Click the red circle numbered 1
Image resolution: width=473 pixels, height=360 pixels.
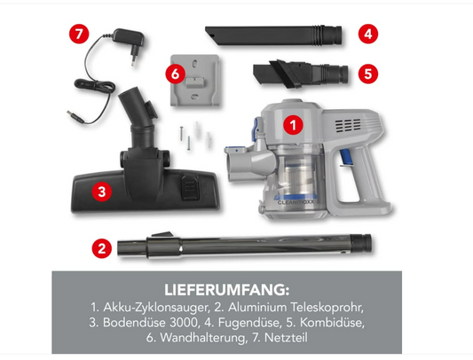293,125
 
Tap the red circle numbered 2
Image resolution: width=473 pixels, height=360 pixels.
102,248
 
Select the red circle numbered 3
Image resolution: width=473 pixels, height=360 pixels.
102,192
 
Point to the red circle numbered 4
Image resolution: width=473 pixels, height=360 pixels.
368,34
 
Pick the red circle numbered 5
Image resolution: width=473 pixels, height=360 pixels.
368,74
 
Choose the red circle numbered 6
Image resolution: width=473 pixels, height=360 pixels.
175,74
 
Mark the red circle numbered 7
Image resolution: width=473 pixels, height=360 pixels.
79,34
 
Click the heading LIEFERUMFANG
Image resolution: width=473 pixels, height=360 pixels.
227,290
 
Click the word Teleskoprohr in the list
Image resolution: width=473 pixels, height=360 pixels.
327,307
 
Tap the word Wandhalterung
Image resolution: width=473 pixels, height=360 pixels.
202,338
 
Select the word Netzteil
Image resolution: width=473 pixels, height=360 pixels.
286,338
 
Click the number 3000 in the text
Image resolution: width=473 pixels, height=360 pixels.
184,323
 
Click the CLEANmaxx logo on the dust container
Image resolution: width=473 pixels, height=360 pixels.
296,202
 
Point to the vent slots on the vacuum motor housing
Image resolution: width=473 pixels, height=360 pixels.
348,125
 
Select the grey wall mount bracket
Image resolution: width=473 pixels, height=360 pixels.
195,80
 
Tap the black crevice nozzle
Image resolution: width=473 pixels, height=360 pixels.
273,35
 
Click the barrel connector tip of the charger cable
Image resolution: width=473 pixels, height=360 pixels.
75,117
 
